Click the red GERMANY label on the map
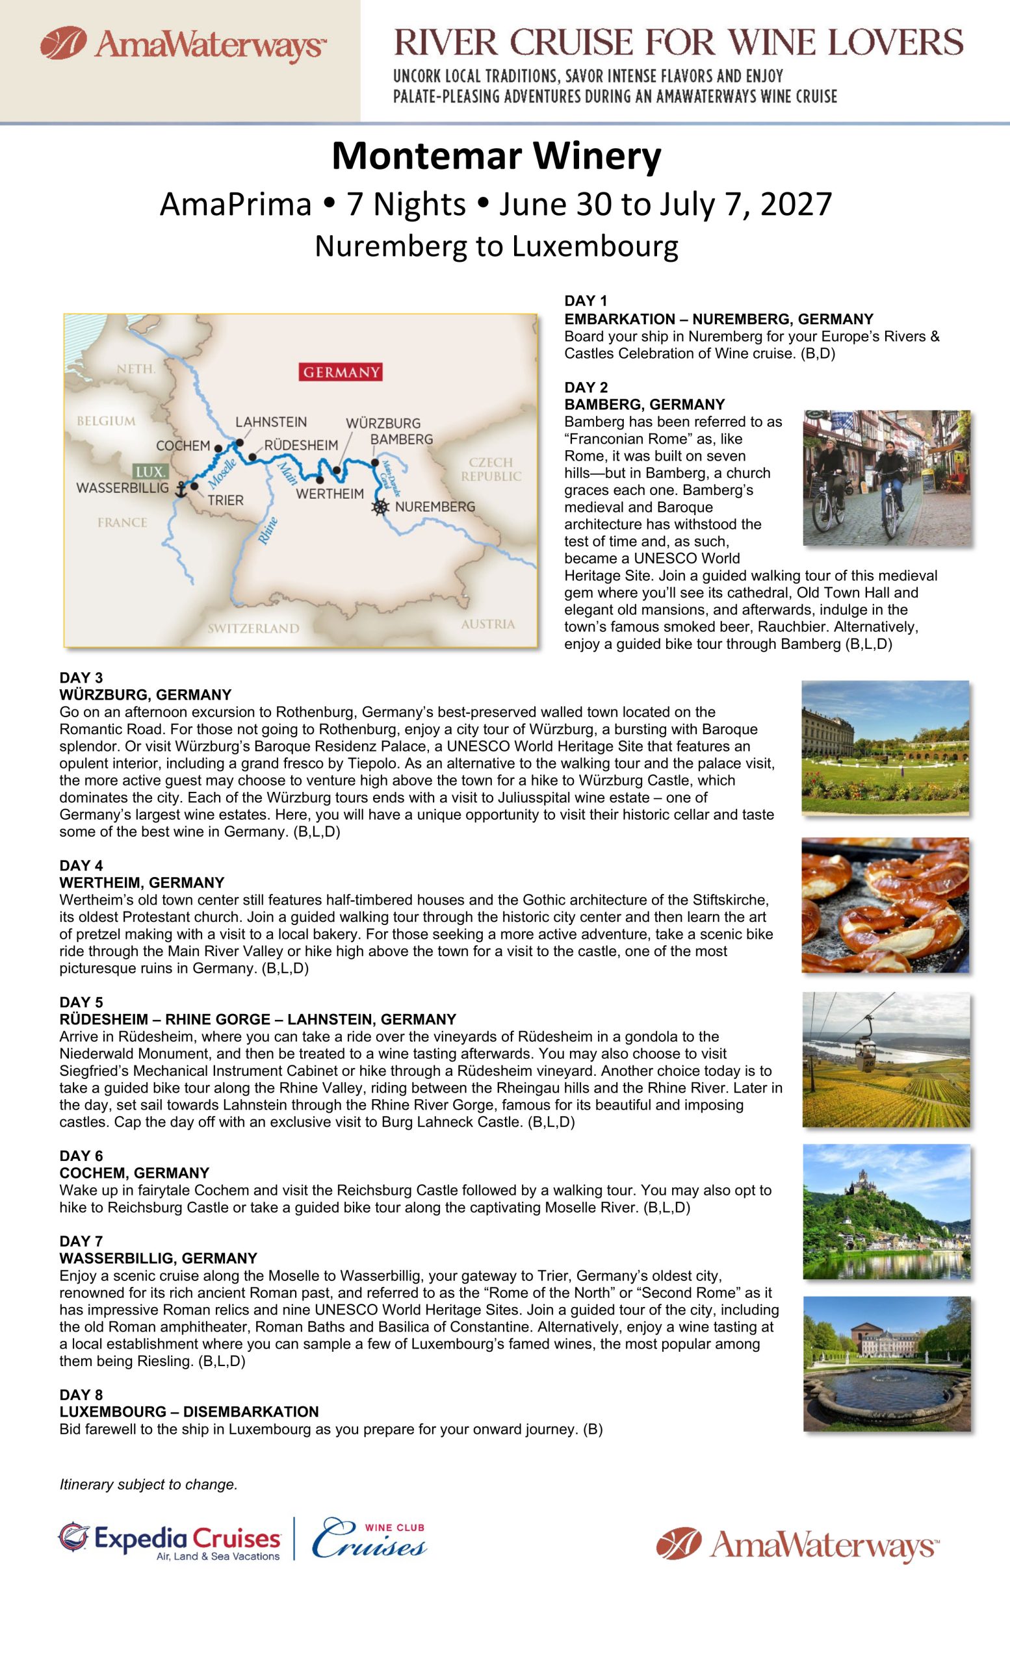pyautogui.click(x=341, y=372)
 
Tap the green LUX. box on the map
pyautogui.click(x=149, y=472)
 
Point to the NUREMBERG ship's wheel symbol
pyautogui.click(x=381, y=507)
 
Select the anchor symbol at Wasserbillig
pyautogui.click(x=180, y=489)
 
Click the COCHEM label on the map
pyautogui.click(x=183, y=446)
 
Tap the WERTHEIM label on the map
pyautogui.click(x=330, y=493)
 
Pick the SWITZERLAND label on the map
pyautogui.click(x=253, y=628)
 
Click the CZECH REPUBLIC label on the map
pyautogui.click(x=491, y=469)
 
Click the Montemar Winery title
pyautogui.click(x=496, y=156)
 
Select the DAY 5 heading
pyautogui.click(x=81, y=1002)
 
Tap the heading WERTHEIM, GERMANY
pyautogui.click(x=142, y=883)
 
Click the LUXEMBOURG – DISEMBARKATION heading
pyautogui.click(x=189, y=1412)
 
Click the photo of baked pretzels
pyautogui.click(x=885, y=905)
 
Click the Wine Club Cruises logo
pyautogui.click(x=369, y=1539)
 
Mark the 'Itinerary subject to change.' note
pyautogui.click(x=149, y=1485)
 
